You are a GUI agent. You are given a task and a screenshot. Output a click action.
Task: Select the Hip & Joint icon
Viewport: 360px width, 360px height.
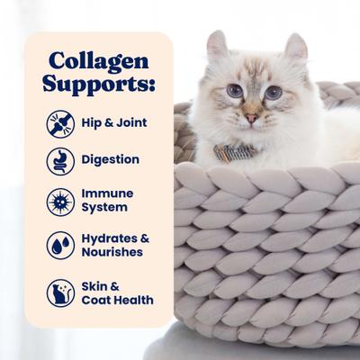(60, 121)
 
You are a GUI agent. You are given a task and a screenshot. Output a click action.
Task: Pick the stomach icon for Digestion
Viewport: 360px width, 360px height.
(60, 160)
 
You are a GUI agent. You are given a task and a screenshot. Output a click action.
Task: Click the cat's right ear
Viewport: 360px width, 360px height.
(294, 48)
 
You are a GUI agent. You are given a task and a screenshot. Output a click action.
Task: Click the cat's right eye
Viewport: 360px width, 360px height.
(274, 93)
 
